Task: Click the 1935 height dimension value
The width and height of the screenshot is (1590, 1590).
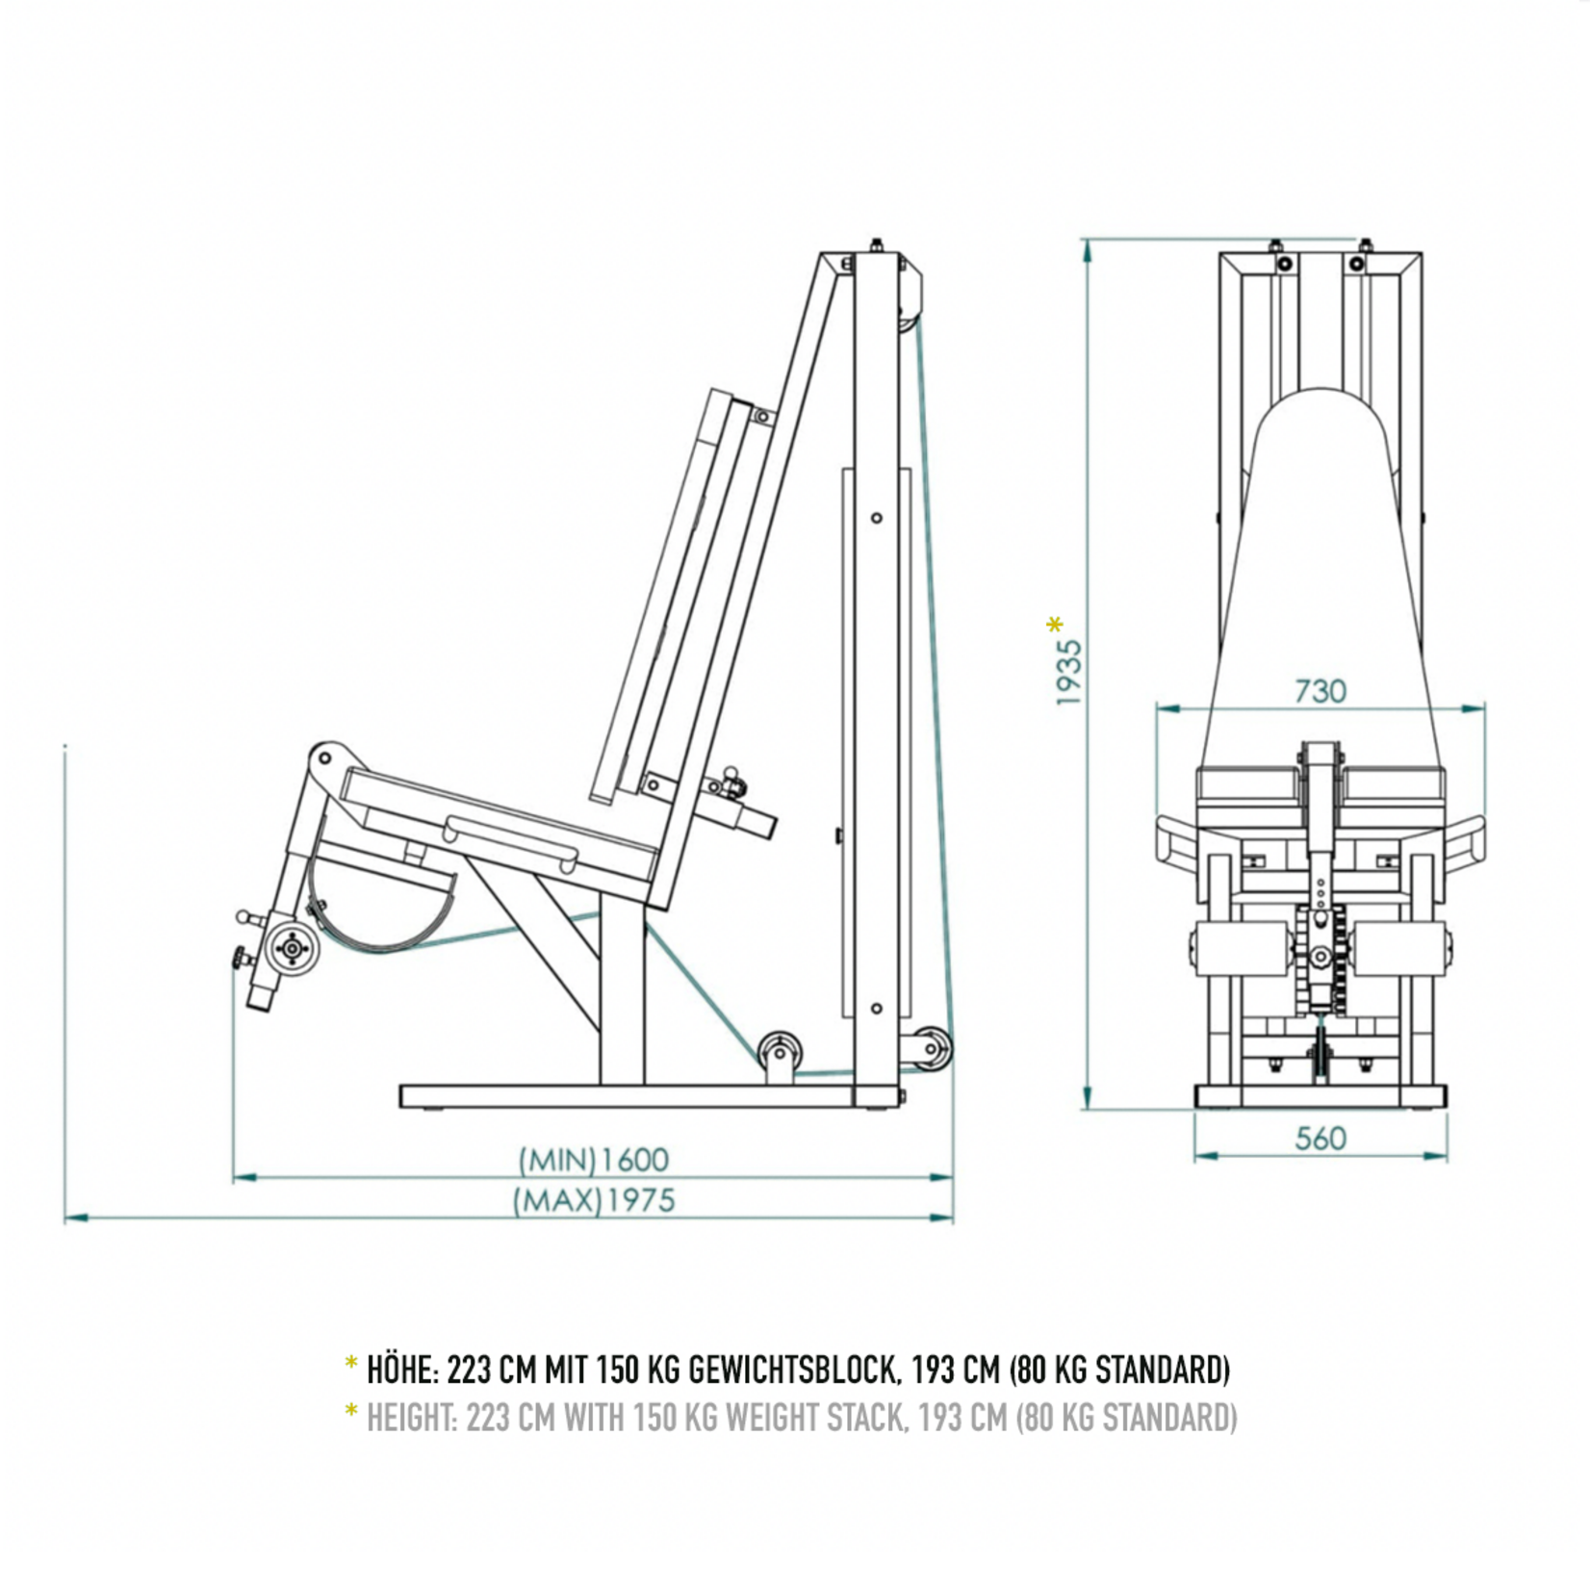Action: [1069, 673]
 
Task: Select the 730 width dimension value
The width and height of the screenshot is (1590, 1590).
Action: [1320, 691]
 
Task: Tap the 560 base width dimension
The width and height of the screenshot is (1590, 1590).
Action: [1320, 1139]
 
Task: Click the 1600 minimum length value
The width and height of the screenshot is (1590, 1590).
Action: [634, 1160]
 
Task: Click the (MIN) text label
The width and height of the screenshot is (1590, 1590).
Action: [557, 1160]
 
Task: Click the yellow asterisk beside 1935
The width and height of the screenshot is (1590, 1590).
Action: [1055, 626]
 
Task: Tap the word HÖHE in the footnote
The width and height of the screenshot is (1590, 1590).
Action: [402, 1369]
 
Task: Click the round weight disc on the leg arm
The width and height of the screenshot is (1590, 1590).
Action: [291, 949]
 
